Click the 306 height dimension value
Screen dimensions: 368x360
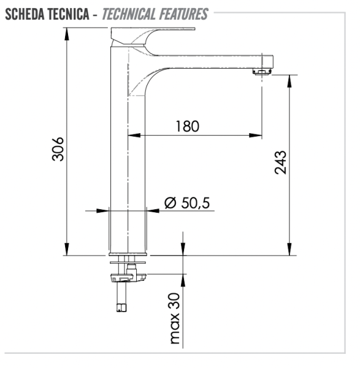[56, 149]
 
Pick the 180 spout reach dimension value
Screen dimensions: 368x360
[187, 126]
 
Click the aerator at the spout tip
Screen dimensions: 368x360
[262, 72]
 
